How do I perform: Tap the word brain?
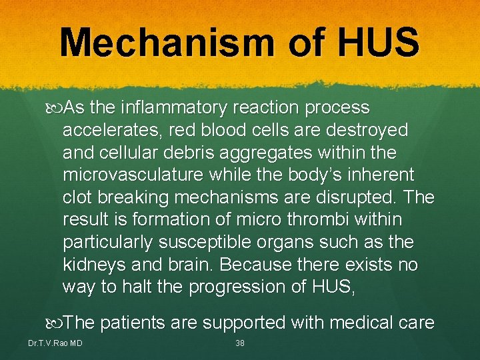click(x=185, y=265)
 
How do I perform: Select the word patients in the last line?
click(x=134, y=323)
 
